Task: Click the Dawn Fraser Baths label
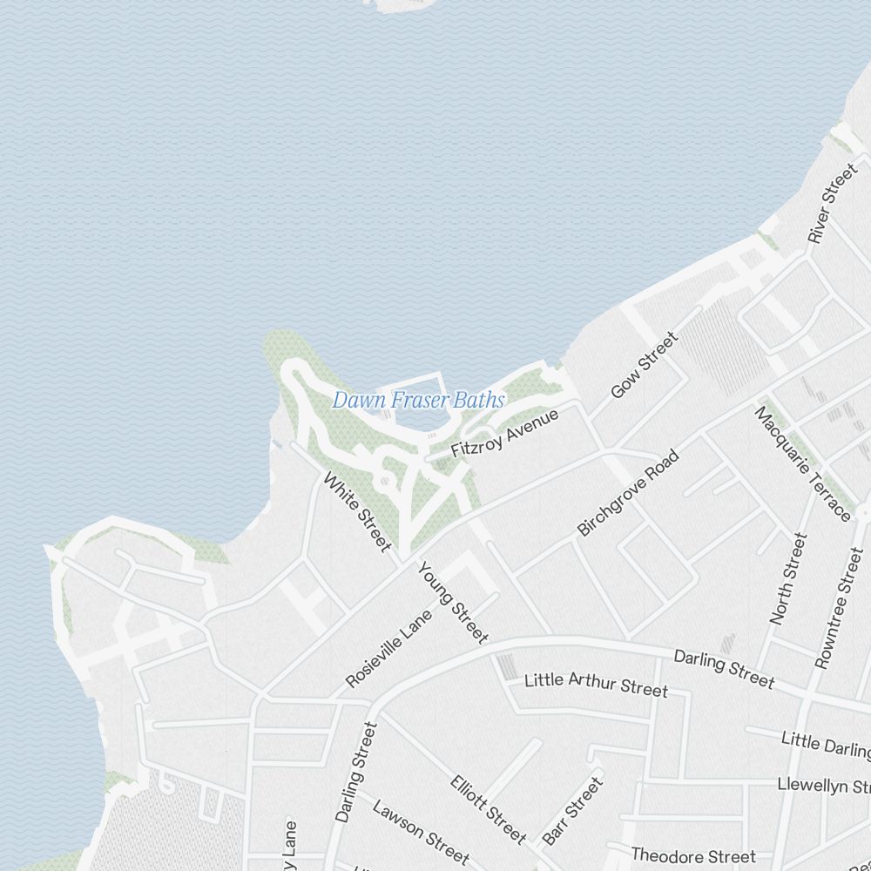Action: coord(418,401)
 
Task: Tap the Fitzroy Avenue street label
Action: coord(504,434)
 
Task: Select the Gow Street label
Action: coord(644,365)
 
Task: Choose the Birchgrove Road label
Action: coord(627,493)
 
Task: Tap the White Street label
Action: coord(357,511)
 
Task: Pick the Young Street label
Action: coord(453,603)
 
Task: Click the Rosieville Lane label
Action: coord(388,649)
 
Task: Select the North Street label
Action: coord(789,579)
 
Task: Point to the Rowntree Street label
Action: coord(837,608)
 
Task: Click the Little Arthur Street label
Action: coord(596,684)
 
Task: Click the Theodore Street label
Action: coord(693,856)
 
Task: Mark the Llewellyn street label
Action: coord(824,786)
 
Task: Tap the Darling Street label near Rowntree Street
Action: coord(724,669)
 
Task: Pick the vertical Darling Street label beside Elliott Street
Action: coord(356,772)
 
